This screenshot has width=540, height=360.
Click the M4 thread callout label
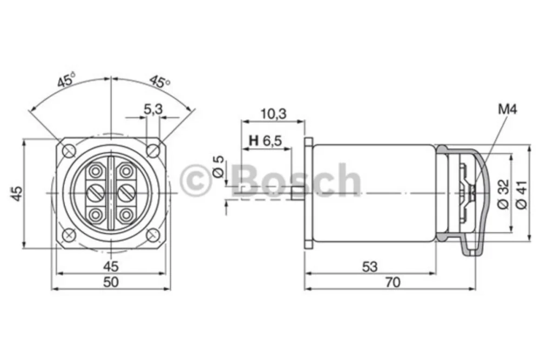click(507, 110)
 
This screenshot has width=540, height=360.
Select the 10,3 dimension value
click(273, 113)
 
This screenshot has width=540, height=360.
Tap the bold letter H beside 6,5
click(254, 140)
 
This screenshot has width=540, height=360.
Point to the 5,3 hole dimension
click(153, 110)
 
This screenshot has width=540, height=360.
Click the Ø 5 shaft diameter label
click(219, 167)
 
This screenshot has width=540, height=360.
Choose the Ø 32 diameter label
click(503, 194)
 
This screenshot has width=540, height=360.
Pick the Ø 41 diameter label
click(522, 194)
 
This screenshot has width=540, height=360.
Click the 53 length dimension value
click(370, 267)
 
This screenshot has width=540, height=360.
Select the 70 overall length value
click(393, 282)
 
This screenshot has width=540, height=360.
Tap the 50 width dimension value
click(111, 282)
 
